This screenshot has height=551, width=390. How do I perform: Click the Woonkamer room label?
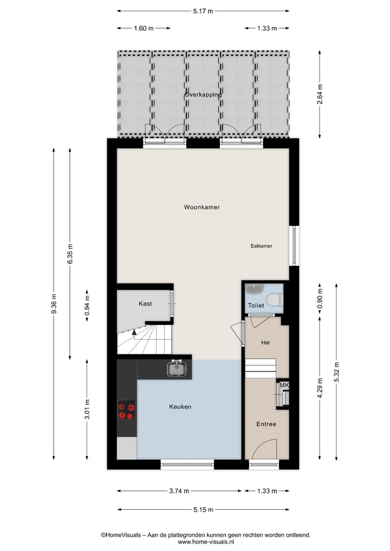click(201, 207)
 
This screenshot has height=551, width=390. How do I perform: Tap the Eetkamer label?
click(261, 246)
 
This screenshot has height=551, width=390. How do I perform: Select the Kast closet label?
click(145, 304)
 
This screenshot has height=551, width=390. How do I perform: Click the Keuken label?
click(180, 406)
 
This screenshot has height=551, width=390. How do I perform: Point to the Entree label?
click(266, 424)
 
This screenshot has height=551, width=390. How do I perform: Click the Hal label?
click(265, 342)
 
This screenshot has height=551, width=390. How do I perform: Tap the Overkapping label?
click(203, 94)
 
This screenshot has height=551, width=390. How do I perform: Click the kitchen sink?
click(176, 368)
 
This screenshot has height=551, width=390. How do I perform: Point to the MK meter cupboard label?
click(284, 385)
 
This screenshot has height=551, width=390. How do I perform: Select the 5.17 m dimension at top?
click(203, 10)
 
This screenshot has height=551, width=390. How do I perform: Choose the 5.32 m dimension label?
click(337, 372)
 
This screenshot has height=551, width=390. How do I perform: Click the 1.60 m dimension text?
click(144, 28)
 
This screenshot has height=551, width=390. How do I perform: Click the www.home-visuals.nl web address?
click(205, 542)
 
